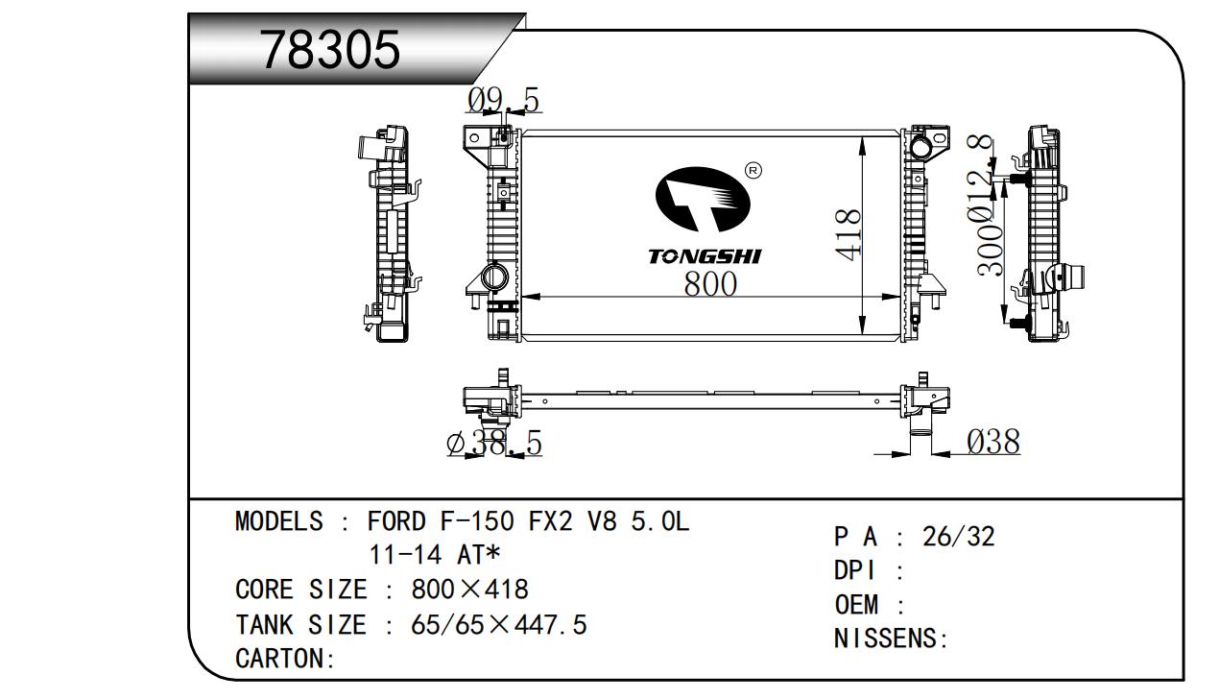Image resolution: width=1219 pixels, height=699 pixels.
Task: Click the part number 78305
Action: tap(330, 50)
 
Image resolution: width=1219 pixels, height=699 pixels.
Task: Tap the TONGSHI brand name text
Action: tap(704, 256)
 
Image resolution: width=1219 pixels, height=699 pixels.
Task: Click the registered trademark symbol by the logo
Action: tap(753, 171)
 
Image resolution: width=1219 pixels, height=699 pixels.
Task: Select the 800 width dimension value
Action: tap(710, 284)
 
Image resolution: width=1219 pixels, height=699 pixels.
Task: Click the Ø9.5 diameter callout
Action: tap(504, 100)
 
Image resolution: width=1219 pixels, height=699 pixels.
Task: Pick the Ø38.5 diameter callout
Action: tap(494, 443)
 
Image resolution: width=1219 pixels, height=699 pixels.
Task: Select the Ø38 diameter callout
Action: tap(992, 442)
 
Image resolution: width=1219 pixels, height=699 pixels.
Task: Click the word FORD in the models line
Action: tap(396, 522)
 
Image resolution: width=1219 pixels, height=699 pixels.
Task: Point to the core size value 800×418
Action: tap(469, 590)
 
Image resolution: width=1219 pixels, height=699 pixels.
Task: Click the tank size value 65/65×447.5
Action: tap(498, 625)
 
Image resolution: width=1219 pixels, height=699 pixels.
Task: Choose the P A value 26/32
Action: tap(958, 537)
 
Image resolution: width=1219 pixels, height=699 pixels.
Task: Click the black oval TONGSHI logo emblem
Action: tap(702, 200)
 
